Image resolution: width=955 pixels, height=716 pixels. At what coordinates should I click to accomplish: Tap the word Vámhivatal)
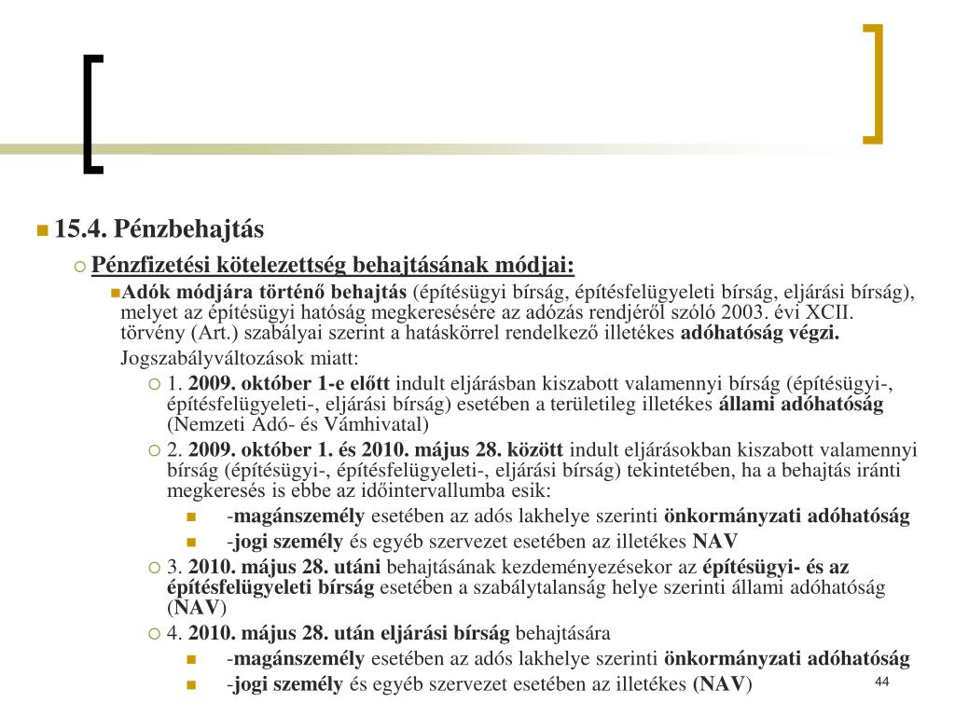pos(382,425)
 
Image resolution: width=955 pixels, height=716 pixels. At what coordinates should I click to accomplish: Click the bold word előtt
pos(373,384)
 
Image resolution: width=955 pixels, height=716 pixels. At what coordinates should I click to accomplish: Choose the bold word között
pos(536,449)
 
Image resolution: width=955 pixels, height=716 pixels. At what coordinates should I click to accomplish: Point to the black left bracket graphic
pos(92,115)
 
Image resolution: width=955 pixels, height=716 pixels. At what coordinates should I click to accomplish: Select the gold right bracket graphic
pos(873,84)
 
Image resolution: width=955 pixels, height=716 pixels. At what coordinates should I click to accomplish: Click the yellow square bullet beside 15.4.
pos(42,230)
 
